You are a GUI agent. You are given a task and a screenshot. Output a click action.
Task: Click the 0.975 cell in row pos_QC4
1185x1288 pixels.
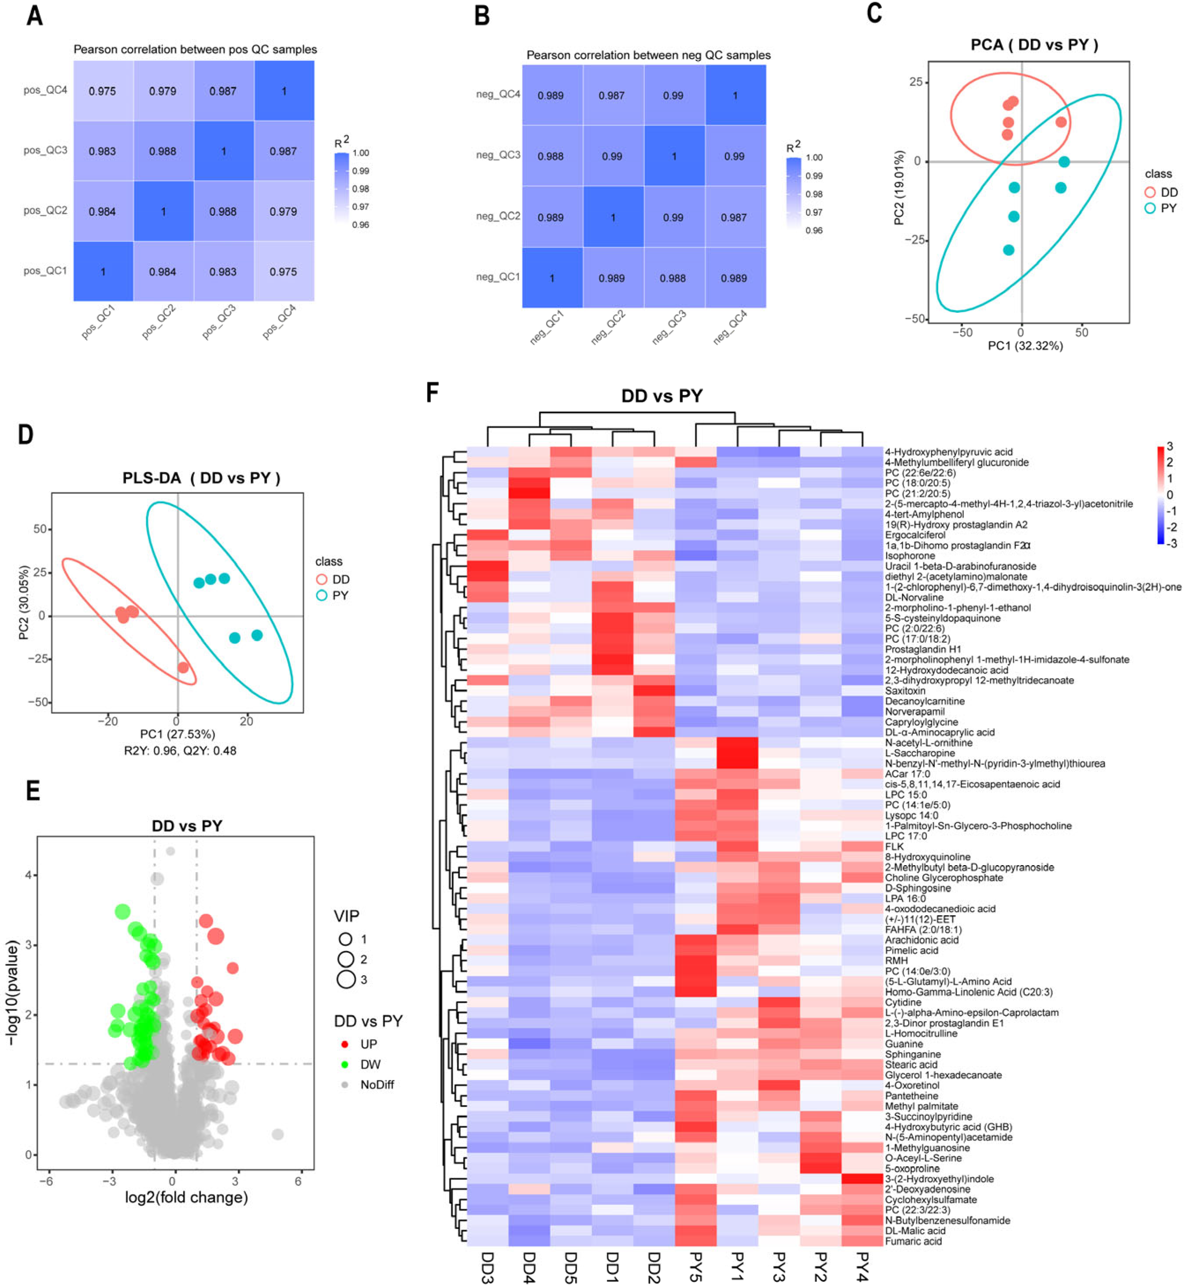(x=103, y=91)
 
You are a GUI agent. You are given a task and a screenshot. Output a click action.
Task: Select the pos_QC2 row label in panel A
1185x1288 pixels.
(x=45, y=210)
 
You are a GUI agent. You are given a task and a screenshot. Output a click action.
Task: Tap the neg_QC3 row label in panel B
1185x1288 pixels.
(x=498, y=155)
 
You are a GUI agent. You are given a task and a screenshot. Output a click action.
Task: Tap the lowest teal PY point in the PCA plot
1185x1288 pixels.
(x=1009, y=250)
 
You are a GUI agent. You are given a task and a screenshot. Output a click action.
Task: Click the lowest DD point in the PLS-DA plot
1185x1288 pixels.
(x=183, y=667)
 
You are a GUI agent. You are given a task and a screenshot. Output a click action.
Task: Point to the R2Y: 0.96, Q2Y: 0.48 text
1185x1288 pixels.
(x=180, y=750)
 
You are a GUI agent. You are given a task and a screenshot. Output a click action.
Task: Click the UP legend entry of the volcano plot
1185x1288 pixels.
(x=368, y=1044)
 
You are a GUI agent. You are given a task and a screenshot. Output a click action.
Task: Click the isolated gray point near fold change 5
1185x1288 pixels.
(x=278, y=1134)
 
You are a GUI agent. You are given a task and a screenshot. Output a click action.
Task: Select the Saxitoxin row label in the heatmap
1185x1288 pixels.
(x=905, y=691)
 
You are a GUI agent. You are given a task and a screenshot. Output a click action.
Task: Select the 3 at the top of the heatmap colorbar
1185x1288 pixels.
(x=1170, y=446)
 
